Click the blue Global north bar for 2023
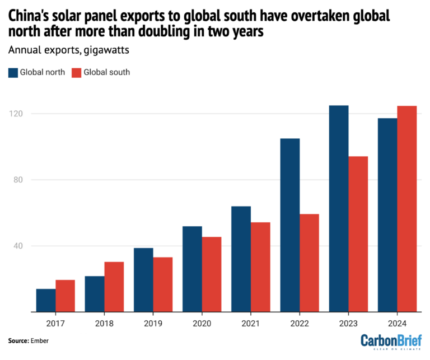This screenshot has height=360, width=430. click(x=338, y=208)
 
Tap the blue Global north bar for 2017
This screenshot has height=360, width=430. click(x=46, y=300)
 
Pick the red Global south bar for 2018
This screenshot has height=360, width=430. click(x=114, y=287)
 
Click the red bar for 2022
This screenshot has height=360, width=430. click(x=309, y=263)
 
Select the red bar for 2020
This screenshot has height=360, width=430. click(x=212, y=274)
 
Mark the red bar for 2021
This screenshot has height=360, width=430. click(x=260, y=267)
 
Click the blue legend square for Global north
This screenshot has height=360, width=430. click(x=13, y=72)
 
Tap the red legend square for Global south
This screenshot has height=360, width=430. click(x=77, y=72)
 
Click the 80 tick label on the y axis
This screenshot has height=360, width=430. click(x=18, y=180)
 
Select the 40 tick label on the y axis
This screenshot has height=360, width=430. click(x=18, y=246)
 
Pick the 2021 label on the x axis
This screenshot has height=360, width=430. click(x=251, y=323)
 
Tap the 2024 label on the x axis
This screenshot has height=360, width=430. click(x=397, y=323)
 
